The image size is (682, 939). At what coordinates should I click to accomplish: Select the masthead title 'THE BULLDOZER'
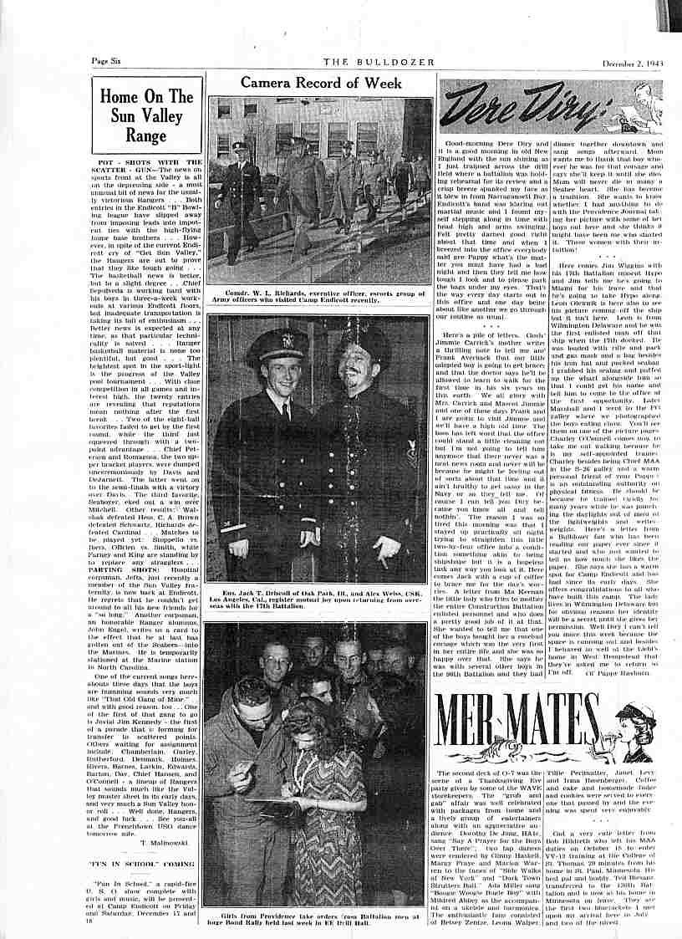click(368, 60)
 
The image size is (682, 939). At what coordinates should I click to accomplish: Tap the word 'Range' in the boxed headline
click(146, 135)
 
